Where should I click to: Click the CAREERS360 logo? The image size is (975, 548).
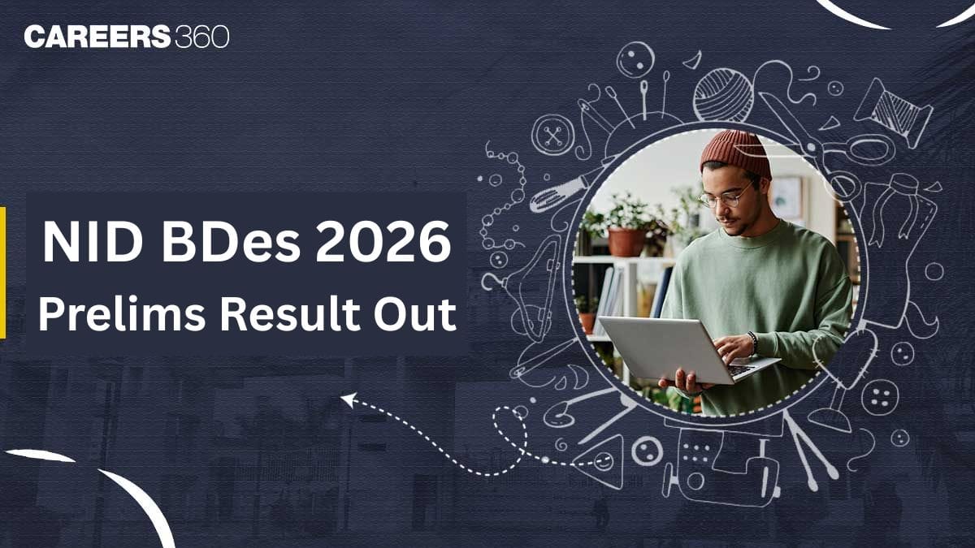[127, 37]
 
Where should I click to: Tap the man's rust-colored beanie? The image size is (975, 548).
[734, 153]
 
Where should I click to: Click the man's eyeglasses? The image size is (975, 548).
[725, 197]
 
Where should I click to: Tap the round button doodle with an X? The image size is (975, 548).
[553, 134]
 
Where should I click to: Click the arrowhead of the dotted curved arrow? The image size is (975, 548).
[348, 399]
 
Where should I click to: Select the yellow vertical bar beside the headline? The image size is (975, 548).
[2, 272]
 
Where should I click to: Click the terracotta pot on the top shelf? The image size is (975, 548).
[626, 241]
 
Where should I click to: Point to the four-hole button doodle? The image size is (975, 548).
[879, 397]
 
